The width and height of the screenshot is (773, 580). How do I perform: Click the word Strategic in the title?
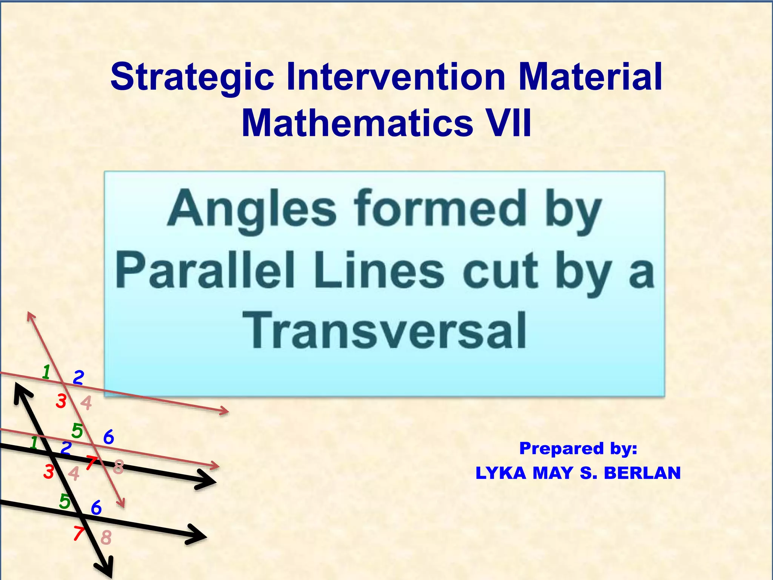tap(192, 78)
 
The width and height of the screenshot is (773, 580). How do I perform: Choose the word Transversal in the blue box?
tap(385, 330)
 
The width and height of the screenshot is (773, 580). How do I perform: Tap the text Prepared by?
tap(578, 448)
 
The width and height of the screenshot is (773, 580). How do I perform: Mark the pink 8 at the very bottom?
tap(106, 537)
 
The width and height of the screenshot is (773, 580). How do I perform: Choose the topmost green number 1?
tap(46, 372)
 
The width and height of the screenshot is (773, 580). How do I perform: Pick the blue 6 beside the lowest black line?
tap(97, 508)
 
